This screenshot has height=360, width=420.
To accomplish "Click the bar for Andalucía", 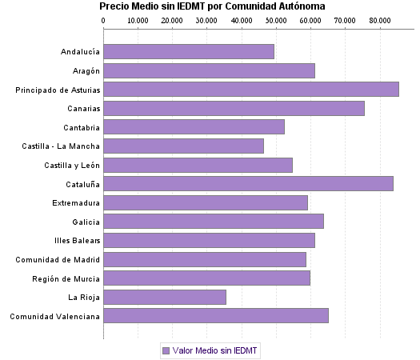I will pyautogui.click(x=189, y=51).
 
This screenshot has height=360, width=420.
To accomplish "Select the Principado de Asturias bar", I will pyautogui.click(x=251, y=90).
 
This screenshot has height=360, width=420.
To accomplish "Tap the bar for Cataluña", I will pyautogui.click(x=248, y=184).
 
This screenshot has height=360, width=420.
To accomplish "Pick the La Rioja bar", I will pyautogui.click(x=165, y=298).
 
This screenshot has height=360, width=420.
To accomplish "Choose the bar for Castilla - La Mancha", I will pyautogui.click(x=183, y=146).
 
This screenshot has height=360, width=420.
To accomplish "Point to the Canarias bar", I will pyautogui.click(x=234, y=108).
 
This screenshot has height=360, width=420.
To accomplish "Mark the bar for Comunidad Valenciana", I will pyautogui.click(x=216, y=316).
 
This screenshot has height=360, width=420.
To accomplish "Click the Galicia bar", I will pyautogui.click(x=214, y=222).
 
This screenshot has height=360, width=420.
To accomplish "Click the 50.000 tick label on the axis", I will pyautogui.click(x=275, y=20).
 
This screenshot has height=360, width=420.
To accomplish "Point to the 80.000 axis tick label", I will pyautogui.click(x=378, y=20).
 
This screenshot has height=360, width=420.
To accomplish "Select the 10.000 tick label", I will pyautogui.click(x=138, y=20).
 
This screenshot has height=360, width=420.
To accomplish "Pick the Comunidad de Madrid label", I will pyautogui.click(x=58, y=259).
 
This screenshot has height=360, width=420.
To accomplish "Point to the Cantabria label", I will pyautogui.click(x=82, y=127).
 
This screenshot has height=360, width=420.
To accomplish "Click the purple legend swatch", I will pyautogui.click(x=166, y=350).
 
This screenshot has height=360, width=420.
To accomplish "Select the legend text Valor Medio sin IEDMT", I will pyautogui.click(x=216, y=350).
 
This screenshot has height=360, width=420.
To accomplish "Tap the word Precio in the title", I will pyautogui.click(x=114, y=6).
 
